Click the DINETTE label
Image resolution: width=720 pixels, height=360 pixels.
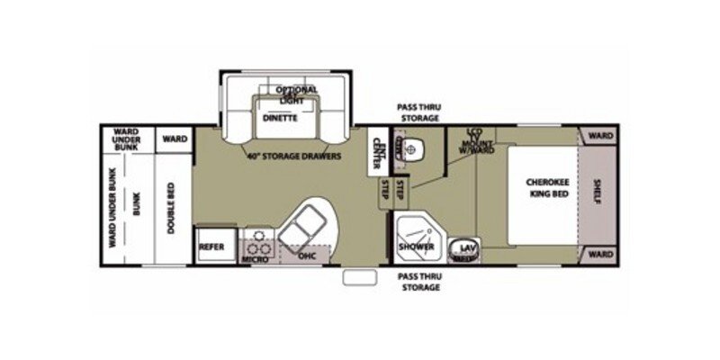pyautogui.click(x=280, y=118)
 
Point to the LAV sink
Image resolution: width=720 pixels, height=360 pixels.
pyautogui.click(x=467, y=247)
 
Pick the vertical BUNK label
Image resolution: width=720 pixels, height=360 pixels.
pyautogui.click(x=138, y=207)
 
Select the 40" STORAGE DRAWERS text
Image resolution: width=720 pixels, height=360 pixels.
pyautogui.click(x=294, y=156)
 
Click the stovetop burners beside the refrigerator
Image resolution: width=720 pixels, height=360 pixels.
pyautogui.click(x=258, y=241)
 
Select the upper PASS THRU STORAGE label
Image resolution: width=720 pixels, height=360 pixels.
pyautogui.click(x=418, y=112)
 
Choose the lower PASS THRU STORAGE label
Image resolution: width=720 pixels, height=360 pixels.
pyautogui.click(x=418, y=283)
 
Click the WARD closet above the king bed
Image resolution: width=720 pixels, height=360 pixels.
pyautogui.click(x=600, y=136)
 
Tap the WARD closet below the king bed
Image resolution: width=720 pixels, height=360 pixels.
pyautogui.click(x=600, y=255)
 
